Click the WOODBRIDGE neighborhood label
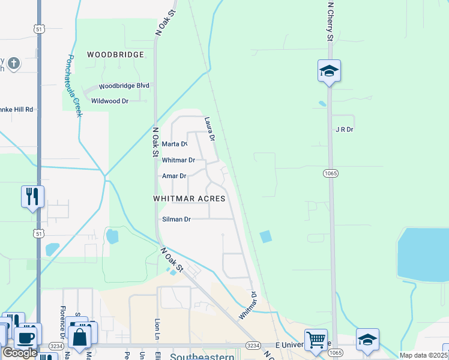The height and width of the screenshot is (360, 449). click(115, 55)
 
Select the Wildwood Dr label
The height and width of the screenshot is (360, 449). click(110, 101)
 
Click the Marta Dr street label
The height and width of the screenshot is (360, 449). click(175, 144)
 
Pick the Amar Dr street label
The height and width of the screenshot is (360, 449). click(174, 176)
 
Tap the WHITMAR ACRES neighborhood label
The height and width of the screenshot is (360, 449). click(189, 198)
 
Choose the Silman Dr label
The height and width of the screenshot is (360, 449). click(176, 220)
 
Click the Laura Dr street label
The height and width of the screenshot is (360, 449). click(209, 128)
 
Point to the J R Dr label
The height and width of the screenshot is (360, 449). click(344, 129)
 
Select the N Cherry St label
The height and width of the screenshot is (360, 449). click(330, 21)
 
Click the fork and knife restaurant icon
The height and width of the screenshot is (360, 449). click(32, 196)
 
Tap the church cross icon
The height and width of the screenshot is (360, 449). click(14, 62)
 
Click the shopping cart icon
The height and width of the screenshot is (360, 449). click(315, 340)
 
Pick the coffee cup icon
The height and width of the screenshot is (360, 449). click(25, 337)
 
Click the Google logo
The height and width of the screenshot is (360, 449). click(19, 353)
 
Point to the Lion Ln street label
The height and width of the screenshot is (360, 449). click(157, 329)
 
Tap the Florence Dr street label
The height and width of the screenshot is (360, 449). click(62, 320)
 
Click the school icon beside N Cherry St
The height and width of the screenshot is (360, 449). click(329, 71)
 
